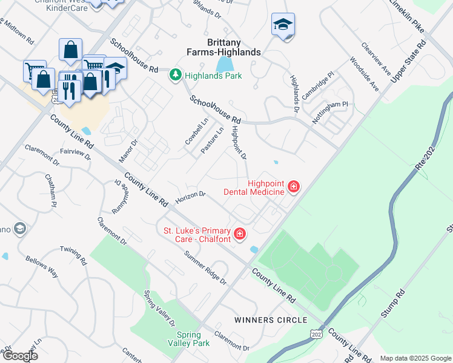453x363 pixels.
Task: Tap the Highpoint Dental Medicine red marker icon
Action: coord(293,186)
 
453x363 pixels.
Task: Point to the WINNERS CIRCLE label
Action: coord(271,319)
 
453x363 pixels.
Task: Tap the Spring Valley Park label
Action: coord(193,339)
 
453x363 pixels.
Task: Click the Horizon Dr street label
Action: coord(191,198)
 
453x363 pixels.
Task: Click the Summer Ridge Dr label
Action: coord(206,268)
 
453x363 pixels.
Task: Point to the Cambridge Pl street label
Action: coord(318,87)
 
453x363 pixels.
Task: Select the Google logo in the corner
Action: coord(20,356)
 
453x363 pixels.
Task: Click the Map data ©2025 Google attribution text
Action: coord(415,358)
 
